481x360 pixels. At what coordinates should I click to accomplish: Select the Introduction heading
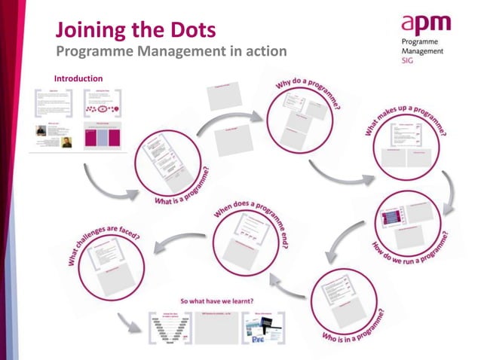[x=78, y=78]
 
